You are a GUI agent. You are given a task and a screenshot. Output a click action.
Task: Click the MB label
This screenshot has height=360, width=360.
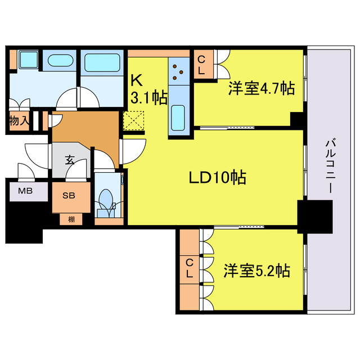25,191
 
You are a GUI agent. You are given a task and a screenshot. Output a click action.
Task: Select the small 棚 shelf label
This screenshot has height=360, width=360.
71,219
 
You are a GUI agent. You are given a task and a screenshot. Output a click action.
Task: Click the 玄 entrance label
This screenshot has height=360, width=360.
70,160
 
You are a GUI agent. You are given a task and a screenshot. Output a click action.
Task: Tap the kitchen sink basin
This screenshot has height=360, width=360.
179,116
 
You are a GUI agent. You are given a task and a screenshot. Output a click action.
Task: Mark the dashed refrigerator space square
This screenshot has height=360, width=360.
135,120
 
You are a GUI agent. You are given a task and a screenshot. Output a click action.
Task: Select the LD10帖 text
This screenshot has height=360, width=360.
217,178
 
